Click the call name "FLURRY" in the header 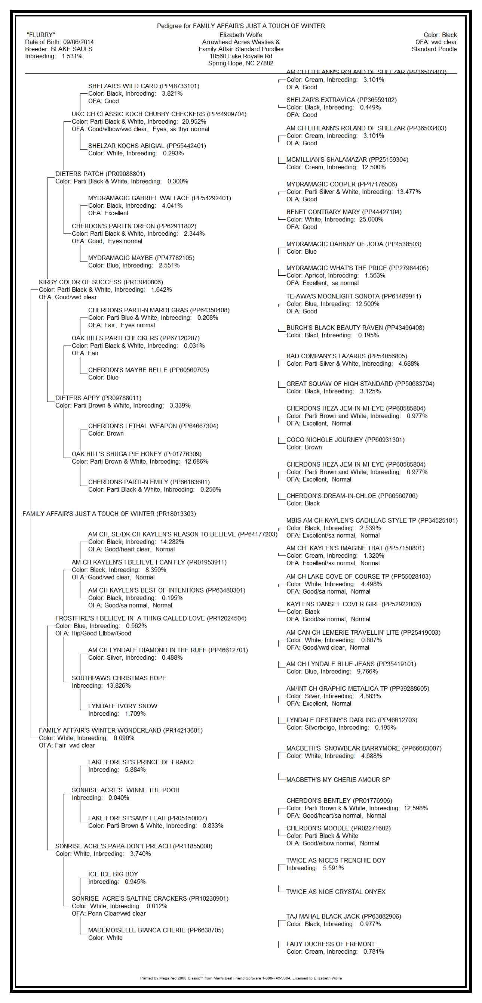pyautogui.click(x=41, y=35)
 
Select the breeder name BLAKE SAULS pyautogui.click(x=72, y=49)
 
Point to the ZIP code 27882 pyautogui.click(x=265, y=64)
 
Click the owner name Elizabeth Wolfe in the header pyautogui.click(x=241, y=35)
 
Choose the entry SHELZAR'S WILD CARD pyautogui.click(x=123, y=86)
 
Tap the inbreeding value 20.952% pyautogui.click(x=194, y=121)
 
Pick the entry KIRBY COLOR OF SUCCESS pyautogui.click(x=80, y=282)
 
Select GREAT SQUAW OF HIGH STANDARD pyautogui.click(x=340, y=384)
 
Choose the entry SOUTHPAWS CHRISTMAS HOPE pyautogui.click(x=119, y=678)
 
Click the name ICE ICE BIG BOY pyautogui.click(x=113, y=874)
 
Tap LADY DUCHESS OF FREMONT pyautogui.click(x=331, y=944)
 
